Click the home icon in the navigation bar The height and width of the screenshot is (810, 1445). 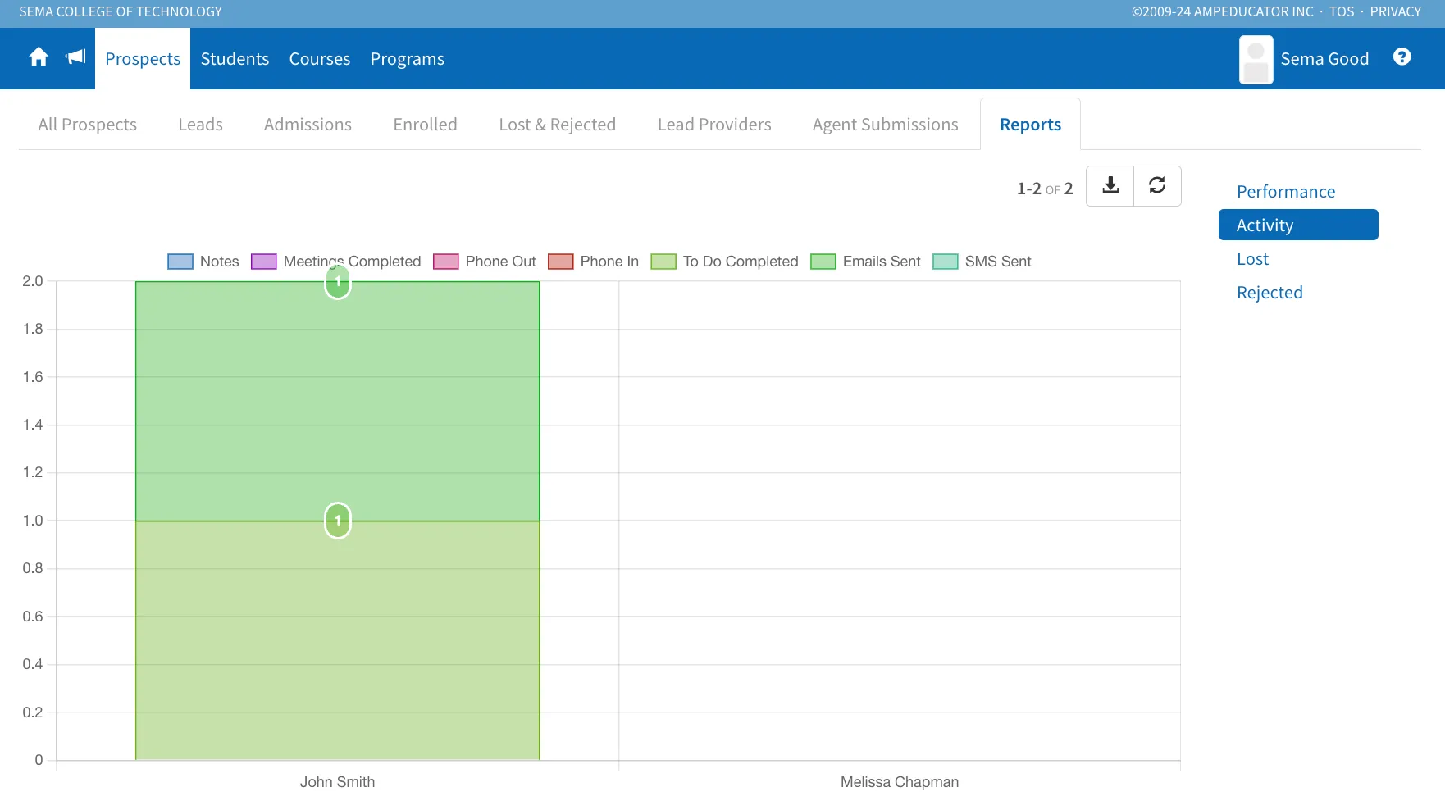tap(39, 57)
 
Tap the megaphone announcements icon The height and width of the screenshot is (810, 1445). tap(75, 57)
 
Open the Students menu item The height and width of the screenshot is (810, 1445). tap(235, 59)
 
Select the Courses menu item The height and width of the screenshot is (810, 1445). tap(320, 59)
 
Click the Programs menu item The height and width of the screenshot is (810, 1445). tap(408, 59)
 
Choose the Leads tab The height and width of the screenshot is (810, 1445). tap(201, 125)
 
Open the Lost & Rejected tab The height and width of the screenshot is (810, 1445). tap(558, 125)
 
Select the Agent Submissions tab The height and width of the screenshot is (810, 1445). tap(886, 125)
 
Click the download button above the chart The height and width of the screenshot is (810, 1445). tap(1110, 186)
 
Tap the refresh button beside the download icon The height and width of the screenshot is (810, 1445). tap(1157, 186)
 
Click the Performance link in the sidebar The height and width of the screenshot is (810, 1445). tap(1286, 192)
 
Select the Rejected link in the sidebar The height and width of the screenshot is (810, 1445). tap(1270, 293)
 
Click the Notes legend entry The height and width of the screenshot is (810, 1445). tap(203, 262)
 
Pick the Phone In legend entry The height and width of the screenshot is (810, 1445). tap(594, 262)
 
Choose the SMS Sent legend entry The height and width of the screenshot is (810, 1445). tap(982, 262)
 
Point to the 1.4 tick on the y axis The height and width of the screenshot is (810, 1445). tap(33, 425)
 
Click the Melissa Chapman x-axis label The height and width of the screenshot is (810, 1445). tap(900, 782)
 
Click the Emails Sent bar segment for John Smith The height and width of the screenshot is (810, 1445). tap(337, 402)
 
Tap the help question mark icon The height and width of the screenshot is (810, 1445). tap(1402, 57)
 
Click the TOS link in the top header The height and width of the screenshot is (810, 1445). tap(1342, 11)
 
